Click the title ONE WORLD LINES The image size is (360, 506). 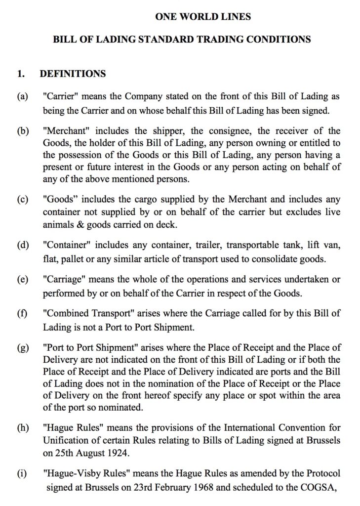(202, 17)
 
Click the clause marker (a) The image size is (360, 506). (22, 97)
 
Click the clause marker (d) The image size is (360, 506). (23, 245)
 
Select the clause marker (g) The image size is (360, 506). (22, 348)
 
